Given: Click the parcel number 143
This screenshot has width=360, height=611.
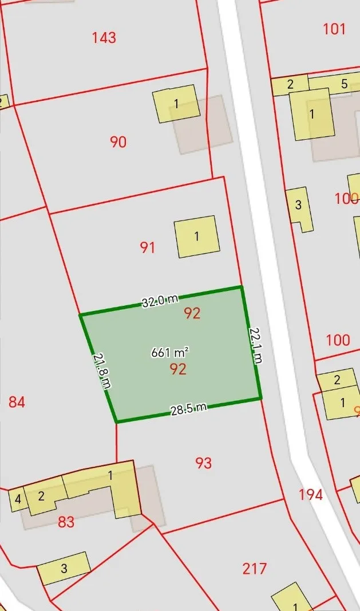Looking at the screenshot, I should [104, 38].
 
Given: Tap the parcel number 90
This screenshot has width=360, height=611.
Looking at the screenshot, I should [118, 141].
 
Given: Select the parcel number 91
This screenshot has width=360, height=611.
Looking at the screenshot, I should [148, 247].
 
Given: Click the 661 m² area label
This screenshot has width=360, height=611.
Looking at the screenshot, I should [170, 352].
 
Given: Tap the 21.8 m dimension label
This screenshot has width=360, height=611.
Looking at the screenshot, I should [101, 370].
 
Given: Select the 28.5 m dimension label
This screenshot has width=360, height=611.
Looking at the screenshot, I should [188, 409].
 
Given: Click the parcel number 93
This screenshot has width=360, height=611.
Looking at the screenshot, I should [203, 463].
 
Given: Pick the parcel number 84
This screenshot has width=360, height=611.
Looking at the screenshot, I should [17, 402].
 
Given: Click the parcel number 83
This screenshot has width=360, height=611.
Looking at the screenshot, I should [66, 522].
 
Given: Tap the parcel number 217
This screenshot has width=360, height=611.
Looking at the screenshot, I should [254, 568].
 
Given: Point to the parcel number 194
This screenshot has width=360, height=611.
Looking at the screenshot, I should [311, 494].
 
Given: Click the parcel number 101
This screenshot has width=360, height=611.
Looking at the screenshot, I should [334, 29].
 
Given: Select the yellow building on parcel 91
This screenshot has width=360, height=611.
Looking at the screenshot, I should [197, 236].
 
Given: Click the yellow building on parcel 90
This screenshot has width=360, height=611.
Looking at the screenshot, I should [176, 104].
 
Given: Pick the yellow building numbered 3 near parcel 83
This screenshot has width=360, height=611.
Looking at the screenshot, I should [64, 568].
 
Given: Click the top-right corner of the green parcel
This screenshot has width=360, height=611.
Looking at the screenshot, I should [241, 287].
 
